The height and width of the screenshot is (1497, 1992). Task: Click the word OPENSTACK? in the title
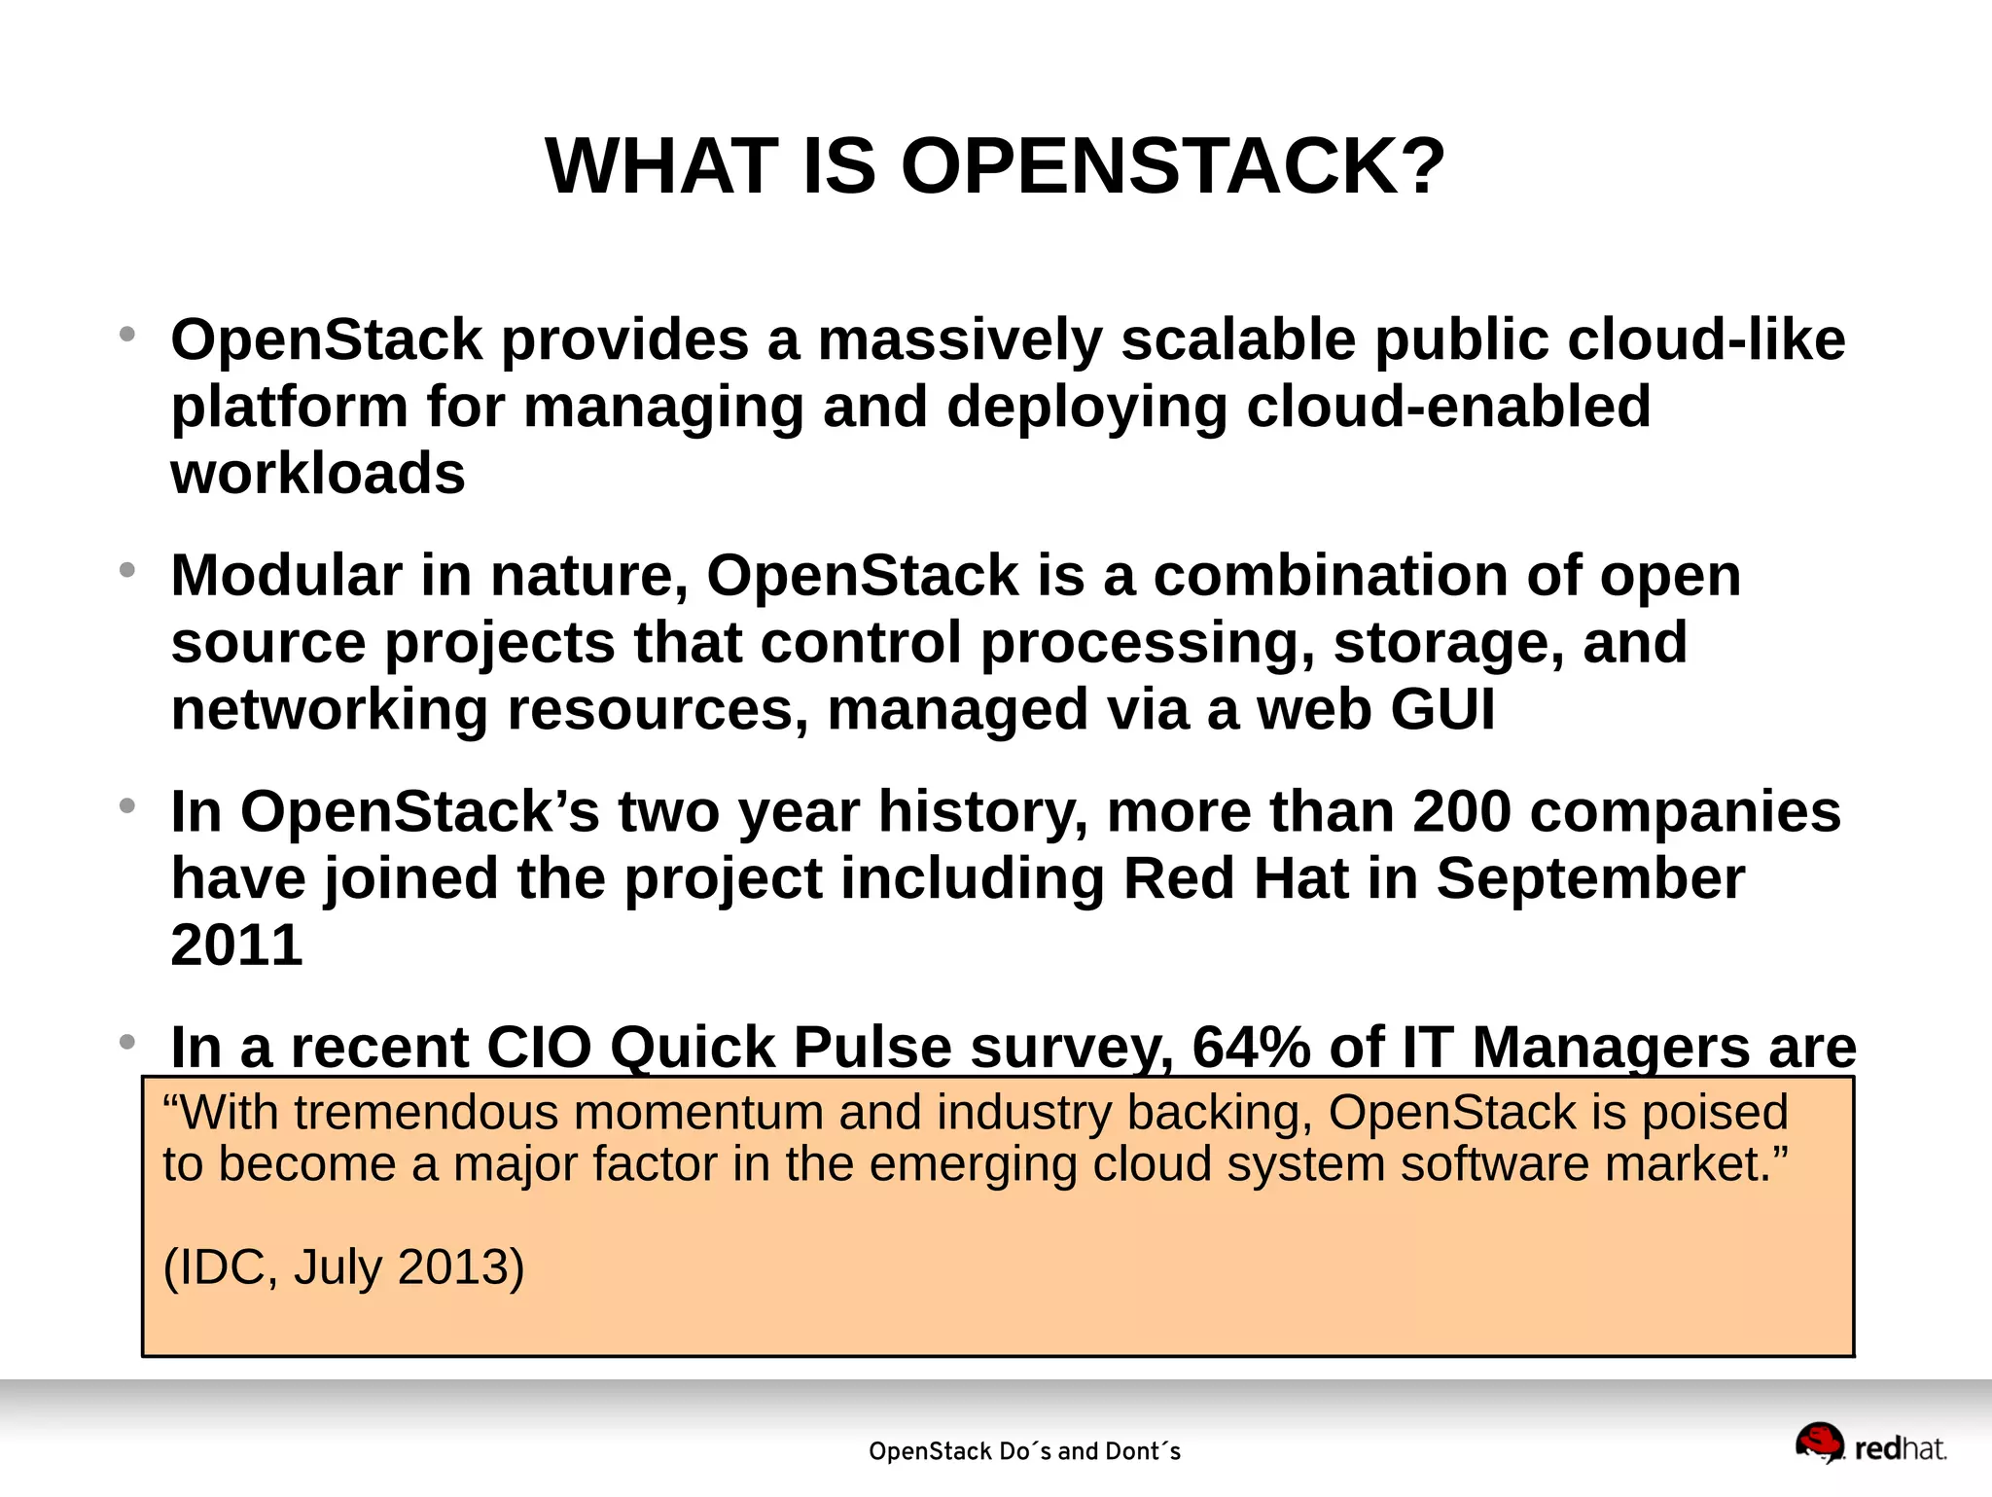pyautogui.click(x=1173, y=166)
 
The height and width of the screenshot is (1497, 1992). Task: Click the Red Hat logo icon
pyautogui.click(x=1819, y=1444)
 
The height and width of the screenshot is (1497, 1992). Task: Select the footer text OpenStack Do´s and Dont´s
pyautogui.click(x=1024, y=1451)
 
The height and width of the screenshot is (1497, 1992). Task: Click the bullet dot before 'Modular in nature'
pyautogui.click(x=126, y=571)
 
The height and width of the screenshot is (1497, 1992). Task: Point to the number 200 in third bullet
pyautogui.click(x=1461, y=811)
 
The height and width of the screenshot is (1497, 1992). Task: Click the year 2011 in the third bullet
pyautogui.click(x=236, y=945)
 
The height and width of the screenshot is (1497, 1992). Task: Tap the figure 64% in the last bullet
pyautogui.click(x=1248, y=1049)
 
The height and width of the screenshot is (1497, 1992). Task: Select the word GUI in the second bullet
pyautogui.click(x=1442, y=709)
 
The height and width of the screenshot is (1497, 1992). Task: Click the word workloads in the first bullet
pyautogui.click(x=318, y=474)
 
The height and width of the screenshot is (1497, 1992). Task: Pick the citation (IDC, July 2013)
pyautogui.click(x=343, y=1266)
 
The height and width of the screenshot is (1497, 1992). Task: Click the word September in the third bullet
pyautogui.click(x=1590, y=878)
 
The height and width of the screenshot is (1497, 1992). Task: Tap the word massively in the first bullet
pyautogui.click(x=960, y=340)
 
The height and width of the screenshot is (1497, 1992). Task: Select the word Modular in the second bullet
pyautogui.click(x=286, y=576)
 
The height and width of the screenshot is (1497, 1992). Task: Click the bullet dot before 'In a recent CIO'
pyautogui.click(x=126, y=1043)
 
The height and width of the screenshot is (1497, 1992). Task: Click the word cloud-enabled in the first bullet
pyautogui.click(x=1448, y=407)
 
